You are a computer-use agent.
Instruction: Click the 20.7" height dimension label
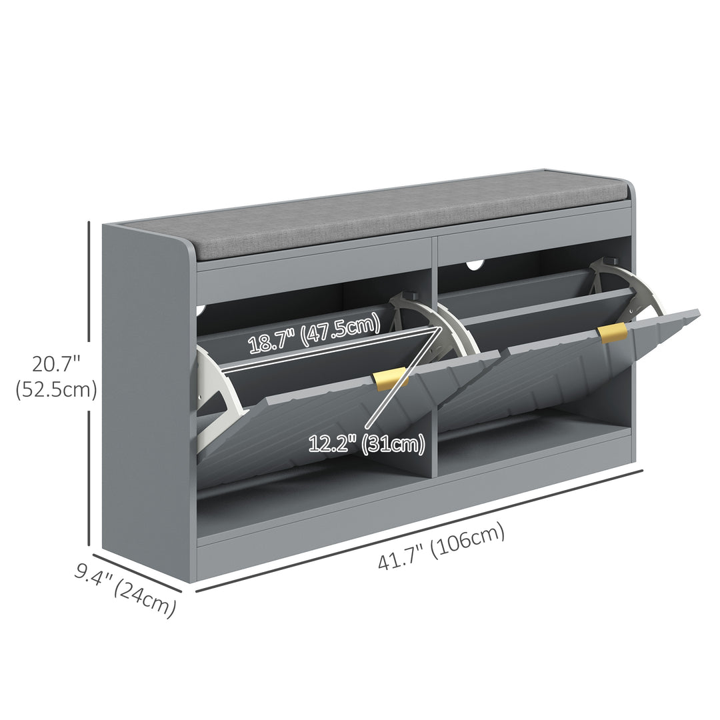56,364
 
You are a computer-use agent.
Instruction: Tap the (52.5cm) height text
56,390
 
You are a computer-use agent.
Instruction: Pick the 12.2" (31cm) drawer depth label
367,444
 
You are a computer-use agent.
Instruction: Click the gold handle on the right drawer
613,333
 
